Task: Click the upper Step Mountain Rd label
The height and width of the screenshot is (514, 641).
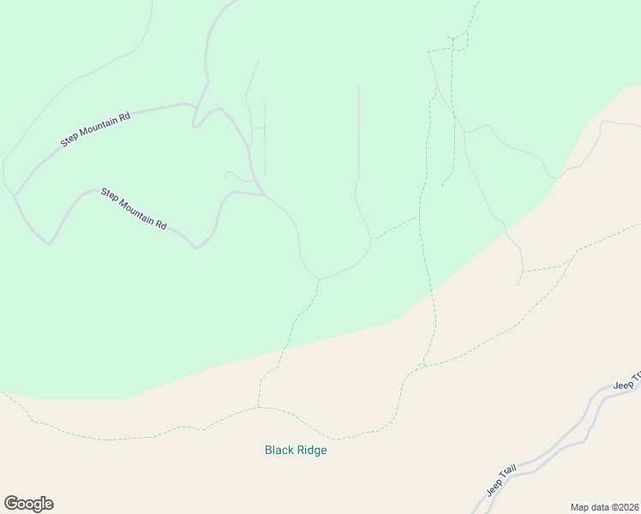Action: pyautogui.click(x=95, y=128)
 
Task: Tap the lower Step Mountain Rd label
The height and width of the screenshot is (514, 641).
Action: pyautogui.click(x=134, y=207)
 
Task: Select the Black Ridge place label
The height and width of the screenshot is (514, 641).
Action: pyautogui.click(x=296, y=450)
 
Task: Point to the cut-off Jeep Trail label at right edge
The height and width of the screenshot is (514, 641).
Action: pyautogui.click(x=627, y=380)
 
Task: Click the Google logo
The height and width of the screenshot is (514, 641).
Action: pyautogui.click(x=28, y=504)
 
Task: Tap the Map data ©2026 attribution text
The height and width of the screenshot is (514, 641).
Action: pyautogui.click(x=605, y=506)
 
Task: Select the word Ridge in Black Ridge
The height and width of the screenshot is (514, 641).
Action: pyautogui.click(x=312, y=450)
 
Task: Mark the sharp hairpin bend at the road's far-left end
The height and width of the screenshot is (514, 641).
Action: pyautogui.click(x=15, y=195)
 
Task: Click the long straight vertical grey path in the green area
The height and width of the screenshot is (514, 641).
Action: pyautogui.click(x=358, y=128)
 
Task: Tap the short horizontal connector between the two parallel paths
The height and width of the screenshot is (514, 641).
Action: pyautogui.click(x=258, y=128)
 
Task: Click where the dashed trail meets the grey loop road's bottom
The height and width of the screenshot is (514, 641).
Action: pyautogui.click(x=319, y=278)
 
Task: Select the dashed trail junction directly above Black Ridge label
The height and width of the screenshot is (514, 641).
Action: pyautogui.click(x=258, y=407)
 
